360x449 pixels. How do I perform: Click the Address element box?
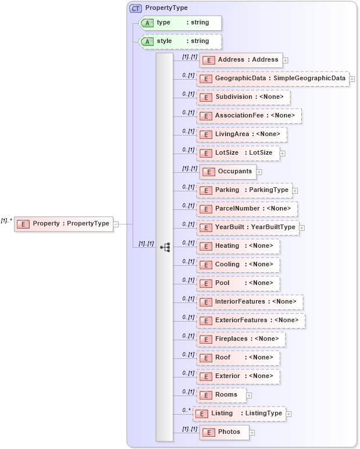241,60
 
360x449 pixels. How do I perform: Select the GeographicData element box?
273,79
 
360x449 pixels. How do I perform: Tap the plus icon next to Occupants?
259,172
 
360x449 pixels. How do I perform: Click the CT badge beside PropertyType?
136,8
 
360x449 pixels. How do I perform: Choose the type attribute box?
181,23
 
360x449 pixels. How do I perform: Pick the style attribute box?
181,41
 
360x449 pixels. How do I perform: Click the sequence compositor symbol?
165,247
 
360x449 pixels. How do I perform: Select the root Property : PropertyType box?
63,223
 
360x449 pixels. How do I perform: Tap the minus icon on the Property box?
116,223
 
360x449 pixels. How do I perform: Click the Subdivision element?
243,97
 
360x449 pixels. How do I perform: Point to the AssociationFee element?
249,116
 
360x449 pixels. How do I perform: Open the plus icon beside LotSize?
283,153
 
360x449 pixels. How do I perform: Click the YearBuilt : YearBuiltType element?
248,227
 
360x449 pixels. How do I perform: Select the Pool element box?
238,283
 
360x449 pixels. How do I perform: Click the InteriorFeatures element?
250,302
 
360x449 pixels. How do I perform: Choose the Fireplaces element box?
241,339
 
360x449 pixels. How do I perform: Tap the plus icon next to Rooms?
249,395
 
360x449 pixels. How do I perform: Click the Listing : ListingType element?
239,414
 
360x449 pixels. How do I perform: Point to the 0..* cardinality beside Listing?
187,410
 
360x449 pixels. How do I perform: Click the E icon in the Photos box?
208,432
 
